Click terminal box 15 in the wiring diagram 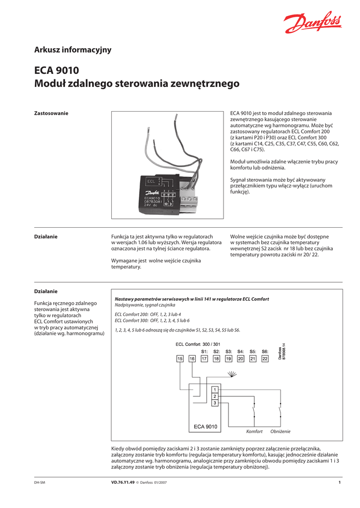[180, 358]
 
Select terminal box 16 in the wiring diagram [192, 358]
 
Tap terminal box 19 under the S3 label [228, 358]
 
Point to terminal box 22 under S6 [265, 358]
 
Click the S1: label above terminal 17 [204, 351]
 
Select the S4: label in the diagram [240, 351]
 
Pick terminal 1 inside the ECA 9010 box [215, 390]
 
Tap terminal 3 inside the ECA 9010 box [215, 403]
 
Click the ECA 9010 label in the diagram [205, 426]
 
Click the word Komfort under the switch [254, 432]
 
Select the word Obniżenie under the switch [280, 432]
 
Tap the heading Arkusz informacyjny [72, 50]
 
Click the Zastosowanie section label [51, 114]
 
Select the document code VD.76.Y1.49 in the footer [123, 482]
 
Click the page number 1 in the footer [339, 482]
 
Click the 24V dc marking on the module [147, 205]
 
